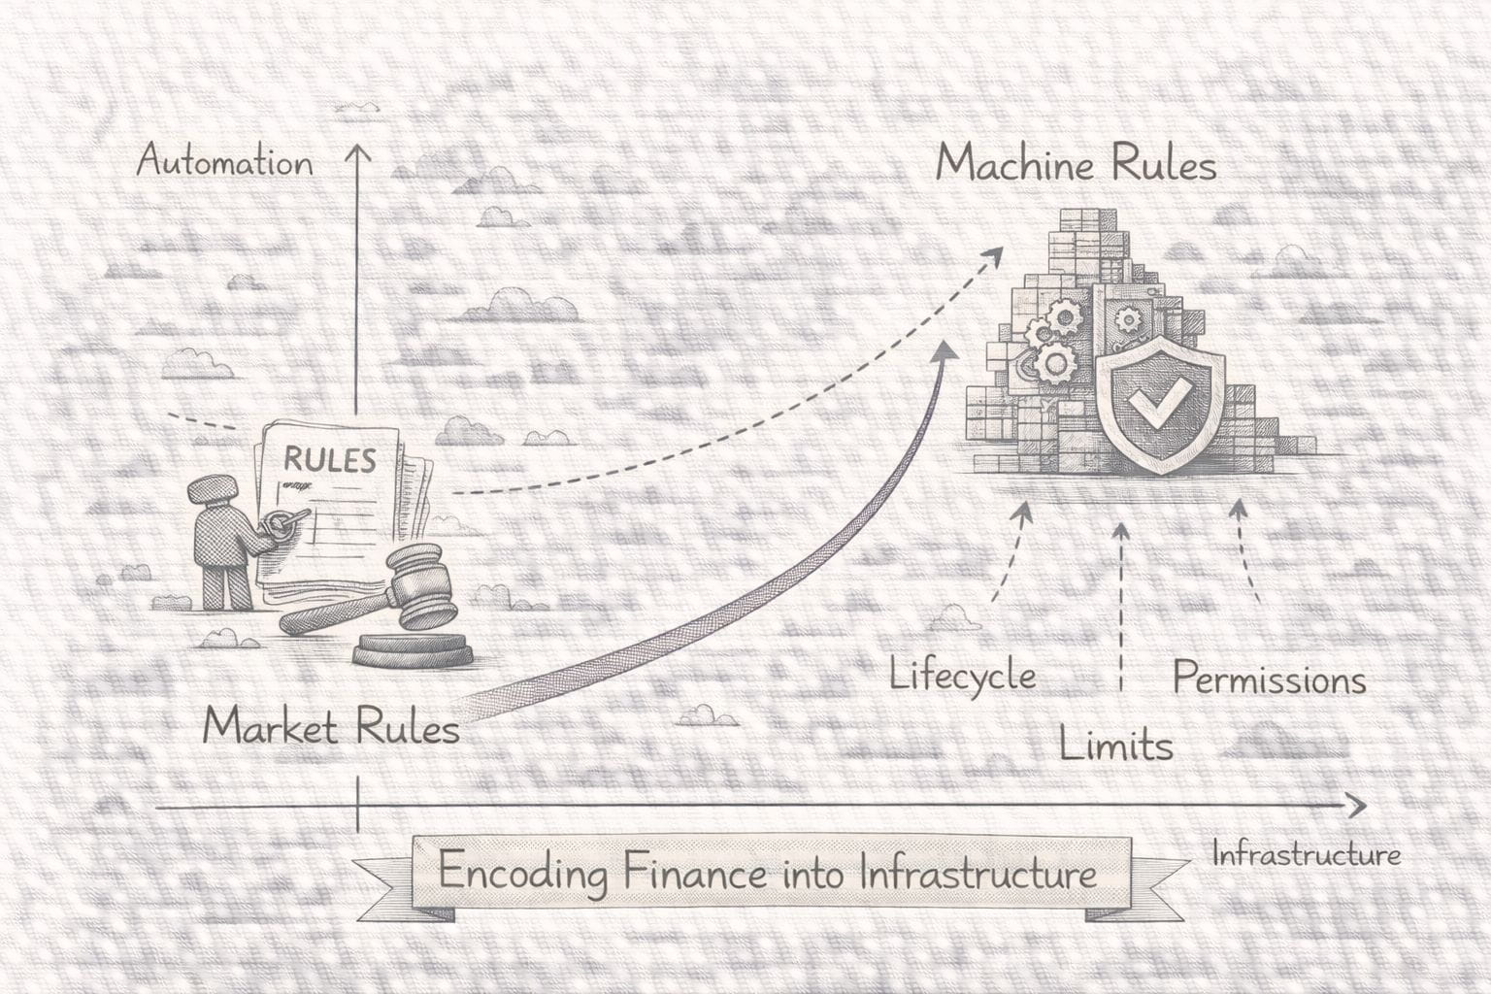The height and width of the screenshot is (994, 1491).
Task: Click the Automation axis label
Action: tap(224, 161)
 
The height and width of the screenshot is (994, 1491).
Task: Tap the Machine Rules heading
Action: tap(1076, 165)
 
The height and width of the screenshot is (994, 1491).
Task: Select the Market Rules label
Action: tap(331, 727)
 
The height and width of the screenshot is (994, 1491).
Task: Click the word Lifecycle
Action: tap(962, 674)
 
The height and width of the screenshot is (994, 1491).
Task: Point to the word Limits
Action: tap(1115, 745)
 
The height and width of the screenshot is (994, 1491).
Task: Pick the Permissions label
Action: tap(1269, 679)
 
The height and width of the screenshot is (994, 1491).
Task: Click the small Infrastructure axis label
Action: tap(1306, 855)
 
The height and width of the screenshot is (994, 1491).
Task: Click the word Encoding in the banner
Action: tap(522, 872)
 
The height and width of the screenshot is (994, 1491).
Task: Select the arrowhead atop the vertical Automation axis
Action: tap(358, 153)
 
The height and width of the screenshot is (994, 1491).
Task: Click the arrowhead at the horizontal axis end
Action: tap(1357, 806)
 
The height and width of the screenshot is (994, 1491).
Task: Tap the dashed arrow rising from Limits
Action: tap(1121, 602)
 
